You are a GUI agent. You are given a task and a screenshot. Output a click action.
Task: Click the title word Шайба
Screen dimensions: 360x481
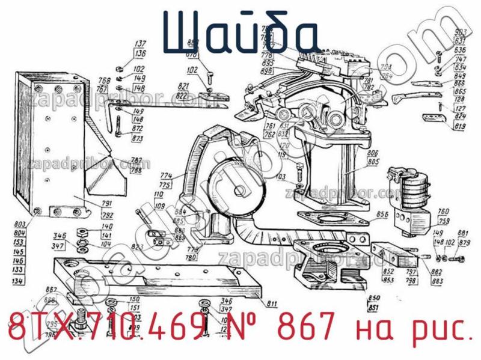pos(240,31)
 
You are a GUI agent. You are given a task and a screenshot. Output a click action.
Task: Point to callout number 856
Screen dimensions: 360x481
pos(381,215)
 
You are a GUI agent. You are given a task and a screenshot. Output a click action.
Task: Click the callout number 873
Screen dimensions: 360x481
pos(138,139)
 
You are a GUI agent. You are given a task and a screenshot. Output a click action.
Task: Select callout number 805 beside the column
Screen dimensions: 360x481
pos(373,162)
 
